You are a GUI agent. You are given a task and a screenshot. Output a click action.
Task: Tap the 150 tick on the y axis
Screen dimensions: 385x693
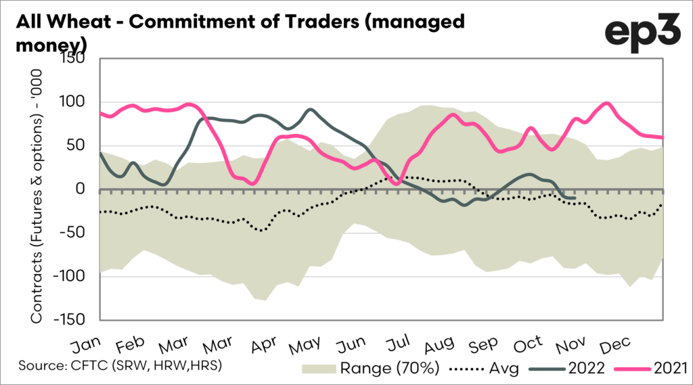[81, 59]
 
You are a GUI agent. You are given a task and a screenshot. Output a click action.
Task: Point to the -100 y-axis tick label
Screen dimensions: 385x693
[75, 276]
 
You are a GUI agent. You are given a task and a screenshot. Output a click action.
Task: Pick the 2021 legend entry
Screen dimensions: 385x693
[654, 368]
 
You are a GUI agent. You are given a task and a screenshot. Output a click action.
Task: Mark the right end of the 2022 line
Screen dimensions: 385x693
[575, 198]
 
